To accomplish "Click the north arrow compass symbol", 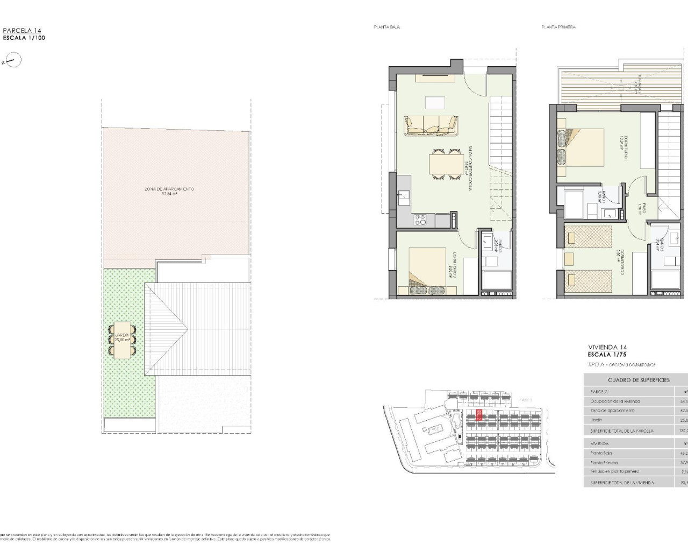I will (13, 60).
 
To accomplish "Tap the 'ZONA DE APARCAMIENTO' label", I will (169, 189).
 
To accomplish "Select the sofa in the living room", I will (431, 126).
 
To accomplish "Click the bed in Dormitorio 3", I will (427, 271).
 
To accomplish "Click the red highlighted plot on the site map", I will (479, 415).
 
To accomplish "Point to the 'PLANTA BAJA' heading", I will (386, 27).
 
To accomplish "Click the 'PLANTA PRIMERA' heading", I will (558, 27).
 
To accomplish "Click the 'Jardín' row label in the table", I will (596, 420).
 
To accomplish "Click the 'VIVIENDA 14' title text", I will (607, 348).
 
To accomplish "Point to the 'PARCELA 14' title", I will (22, 31).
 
